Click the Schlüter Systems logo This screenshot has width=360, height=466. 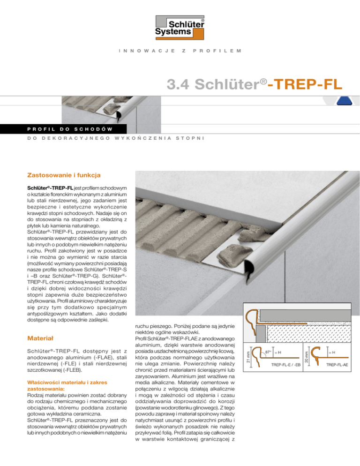click(x=180, y=26)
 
